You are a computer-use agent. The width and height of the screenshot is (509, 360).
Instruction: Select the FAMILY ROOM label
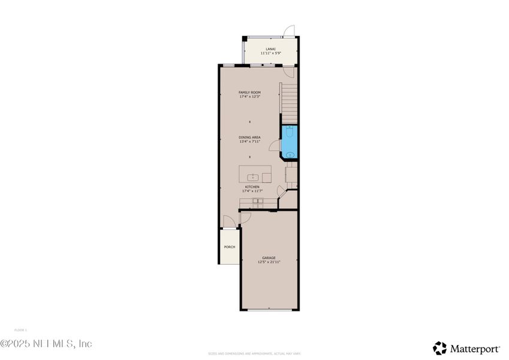pyautogui.click(x=249, y=92)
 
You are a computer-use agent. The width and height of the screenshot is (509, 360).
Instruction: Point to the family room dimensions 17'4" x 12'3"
pyautogui.click(x=249, y=97)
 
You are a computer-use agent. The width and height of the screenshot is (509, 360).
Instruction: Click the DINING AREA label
pyautogui.click(x=249, y=137)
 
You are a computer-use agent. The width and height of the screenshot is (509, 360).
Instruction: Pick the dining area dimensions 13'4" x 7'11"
pyautogui.click(x=249, y=142)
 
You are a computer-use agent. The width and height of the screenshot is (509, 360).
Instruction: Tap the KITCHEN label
pyautogui.click(x=252, y=187)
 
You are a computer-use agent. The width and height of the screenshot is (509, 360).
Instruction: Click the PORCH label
pyautogui.click(x=229, y=247)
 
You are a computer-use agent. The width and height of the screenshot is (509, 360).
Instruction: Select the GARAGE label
pyautogui.click(x=269, y=258)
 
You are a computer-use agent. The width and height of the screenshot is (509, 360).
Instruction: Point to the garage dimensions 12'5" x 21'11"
pyautogui.click(x=269, y=262)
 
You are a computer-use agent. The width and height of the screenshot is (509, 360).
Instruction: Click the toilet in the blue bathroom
pyautogui.click(x=290, y=130)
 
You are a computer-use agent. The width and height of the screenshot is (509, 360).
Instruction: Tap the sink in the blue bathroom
pyautogui.click(x=290, y=154)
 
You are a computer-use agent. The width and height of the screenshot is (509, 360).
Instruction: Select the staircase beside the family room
pyautogui.click(x=290, y=103)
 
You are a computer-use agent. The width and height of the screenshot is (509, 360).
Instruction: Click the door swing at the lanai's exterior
pyautogui.click(x=290, y=31)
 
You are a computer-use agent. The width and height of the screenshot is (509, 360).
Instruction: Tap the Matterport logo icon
pyautogui.click(x=440, y=348)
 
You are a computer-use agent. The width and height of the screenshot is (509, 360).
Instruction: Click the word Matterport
pyautogui.click(x=475, y=348)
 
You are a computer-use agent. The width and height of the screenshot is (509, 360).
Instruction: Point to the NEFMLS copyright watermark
pyautogui.click(x=46, y=344)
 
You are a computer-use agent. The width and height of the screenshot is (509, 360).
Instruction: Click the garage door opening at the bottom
pyautogui.click(x=269, y=310)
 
